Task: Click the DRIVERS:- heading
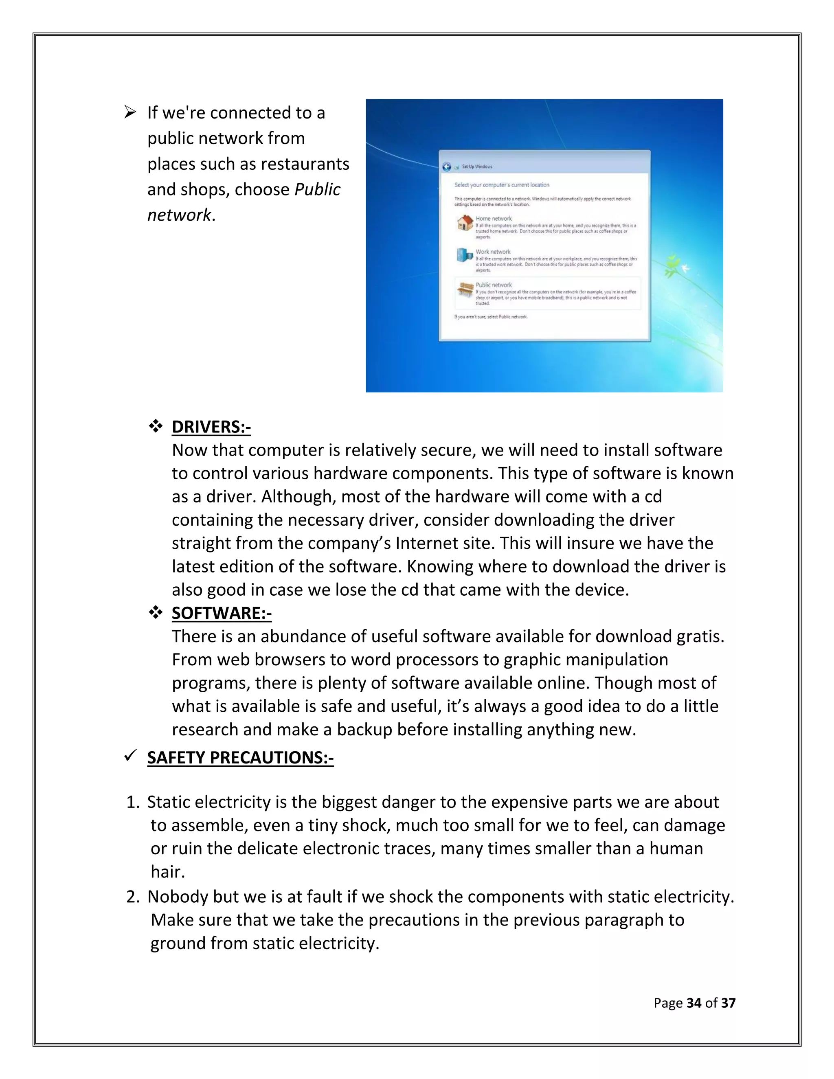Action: pyautogui.click(x=211, y=427)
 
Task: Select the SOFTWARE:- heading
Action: pyautogui.click(x=222, y=613)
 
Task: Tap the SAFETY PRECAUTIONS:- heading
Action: pyautogui.click(x=240, y=757)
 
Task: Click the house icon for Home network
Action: pyautogui.click(x=465, y=223)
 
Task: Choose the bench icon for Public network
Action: pyautogui.click(x=465, y=289)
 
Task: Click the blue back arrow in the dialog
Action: pyautogui.click(x=447, y=167)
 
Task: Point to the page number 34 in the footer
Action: pyautogui.click(x=694, y=1002)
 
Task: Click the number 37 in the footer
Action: pyautogui.click(x=728, y=1002)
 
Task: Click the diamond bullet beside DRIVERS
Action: pyautogui.click(x=156, y=426)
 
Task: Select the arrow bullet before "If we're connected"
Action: pyautogui.click(x=130, y=113)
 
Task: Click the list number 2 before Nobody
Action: pyautogui.click(x=132, y=897)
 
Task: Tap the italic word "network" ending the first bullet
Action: pyautogui.click(x=179, y=215)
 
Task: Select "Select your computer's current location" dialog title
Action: pyautogui.click(x=501, y=185)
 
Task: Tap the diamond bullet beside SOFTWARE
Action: pyautogui.click(x=156, y=613)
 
